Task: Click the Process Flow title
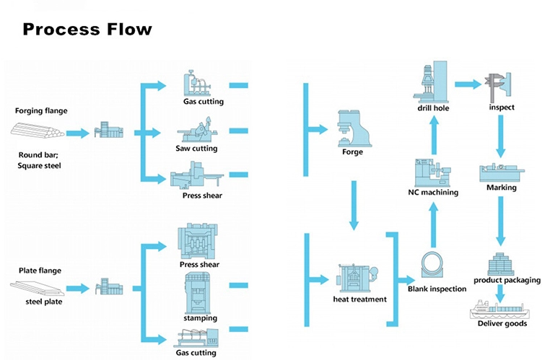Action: tap(87, 30)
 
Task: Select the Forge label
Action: tap(352, 152)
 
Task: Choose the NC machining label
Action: tap(433, 193)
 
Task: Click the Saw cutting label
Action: tap(196, 149)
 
